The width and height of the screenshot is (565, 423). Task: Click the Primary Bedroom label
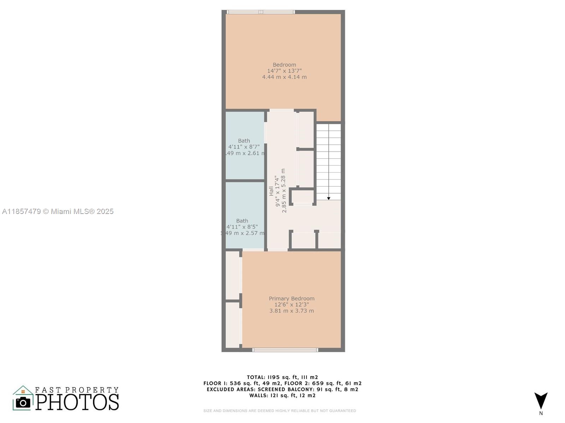point(291,299)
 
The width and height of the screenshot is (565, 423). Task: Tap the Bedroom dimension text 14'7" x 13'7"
point(284,71)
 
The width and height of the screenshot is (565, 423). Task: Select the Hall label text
point(271,191)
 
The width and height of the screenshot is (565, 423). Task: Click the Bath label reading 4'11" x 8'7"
point(244,147)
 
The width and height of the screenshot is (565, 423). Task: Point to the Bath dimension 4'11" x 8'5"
point(242,227)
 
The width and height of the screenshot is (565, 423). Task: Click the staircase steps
point(328,159)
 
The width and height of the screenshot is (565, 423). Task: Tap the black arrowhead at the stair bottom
point(328,198)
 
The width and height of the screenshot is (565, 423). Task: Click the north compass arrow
point(541,400)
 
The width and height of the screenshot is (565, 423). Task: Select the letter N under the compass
point(541,413)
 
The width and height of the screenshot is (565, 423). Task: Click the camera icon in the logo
point(23,402)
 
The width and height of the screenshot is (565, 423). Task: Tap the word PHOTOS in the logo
point(77,402)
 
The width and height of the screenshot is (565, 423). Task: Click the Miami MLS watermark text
point(58,211)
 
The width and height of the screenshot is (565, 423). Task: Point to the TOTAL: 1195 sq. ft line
point(282,377)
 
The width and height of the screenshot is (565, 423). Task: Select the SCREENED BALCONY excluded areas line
point(282,390)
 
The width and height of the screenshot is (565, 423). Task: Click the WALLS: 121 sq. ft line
point(282,396)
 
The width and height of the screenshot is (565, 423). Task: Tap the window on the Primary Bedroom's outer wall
point(285,350)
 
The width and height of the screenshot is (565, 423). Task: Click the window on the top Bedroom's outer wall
point(261,12)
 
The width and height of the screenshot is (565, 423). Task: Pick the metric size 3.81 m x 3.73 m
point(291,311)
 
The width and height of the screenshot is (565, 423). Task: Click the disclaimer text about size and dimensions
point(279,411)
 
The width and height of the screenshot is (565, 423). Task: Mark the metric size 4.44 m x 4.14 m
point(284,77)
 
